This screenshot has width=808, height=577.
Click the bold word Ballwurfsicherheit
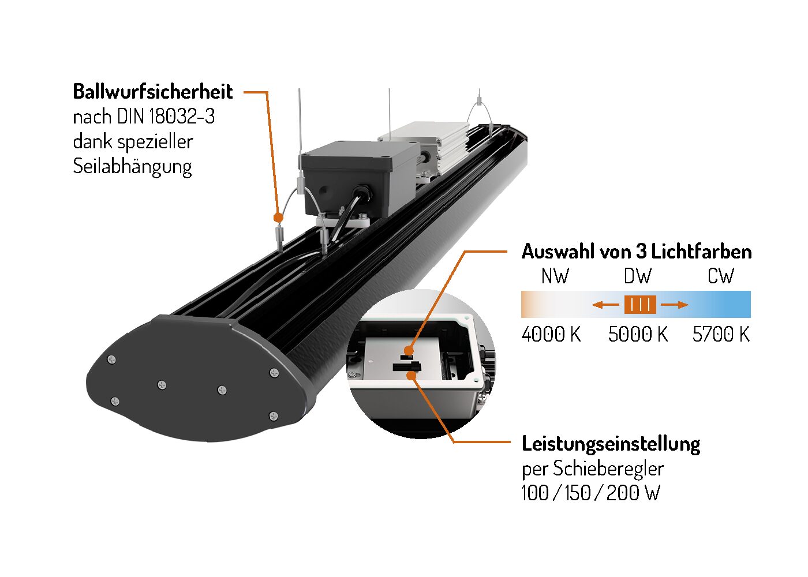click(x=152, y=92)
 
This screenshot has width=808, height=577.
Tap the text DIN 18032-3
click(x=166, y=117)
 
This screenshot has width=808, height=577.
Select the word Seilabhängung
click(x=132, y=167)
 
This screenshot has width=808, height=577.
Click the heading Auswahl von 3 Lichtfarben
click(x=637, y=252)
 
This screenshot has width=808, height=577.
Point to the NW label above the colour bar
click(x=555, y=276)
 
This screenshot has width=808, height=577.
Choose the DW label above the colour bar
click(x=638, y=276)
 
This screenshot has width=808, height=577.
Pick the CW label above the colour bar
click(x=720, y=276)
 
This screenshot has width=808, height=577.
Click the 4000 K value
click(x=551, y=334)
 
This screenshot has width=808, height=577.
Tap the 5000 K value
click(x=638, y=334)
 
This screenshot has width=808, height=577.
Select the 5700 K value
click(x=721, y=334)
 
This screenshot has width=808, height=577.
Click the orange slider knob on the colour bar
click(x=640, y=305)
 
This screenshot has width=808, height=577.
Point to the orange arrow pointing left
click(x=605, y=305)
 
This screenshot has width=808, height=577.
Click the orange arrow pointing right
click(x=675, y=305)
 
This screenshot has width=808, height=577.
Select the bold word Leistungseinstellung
click(x=611, y=444)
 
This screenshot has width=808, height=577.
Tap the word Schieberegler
click(x=608, y=469)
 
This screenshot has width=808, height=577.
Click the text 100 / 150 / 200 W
click(x=591, y=493)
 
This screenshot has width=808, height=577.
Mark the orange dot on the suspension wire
click(x=278, y=218)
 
